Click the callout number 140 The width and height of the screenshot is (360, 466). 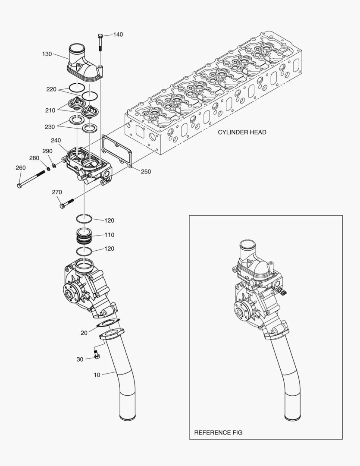118,35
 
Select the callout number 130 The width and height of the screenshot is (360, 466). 47,54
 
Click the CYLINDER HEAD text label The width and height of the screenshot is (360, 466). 242,132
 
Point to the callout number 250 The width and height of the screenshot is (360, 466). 146,171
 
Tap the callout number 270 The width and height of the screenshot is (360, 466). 57,192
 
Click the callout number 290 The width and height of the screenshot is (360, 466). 47,151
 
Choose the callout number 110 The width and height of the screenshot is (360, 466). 109,235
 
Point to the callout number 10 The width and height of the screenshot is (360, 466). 97,375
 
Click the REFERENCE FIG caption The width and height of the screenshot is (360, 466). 218,432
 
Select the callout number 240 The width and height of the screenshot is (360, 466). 56,140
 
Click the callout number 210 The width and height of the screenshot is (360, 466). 50,110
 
